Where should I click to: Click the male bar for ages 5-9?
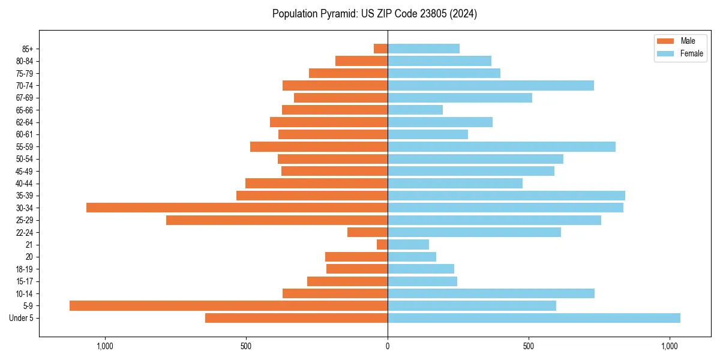[x=229, y=305]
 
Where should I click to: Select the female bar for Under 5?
[x=534, y=318]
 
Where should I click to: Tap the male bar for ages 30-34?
[x=237, y=208]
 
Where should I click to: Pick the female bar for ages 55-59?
[x=502, y=146]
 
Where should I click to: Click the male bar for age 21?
[x=382, y=244]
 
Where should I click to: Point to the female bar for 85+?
[x=424, y=49]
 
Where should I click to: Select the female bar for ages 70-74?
[x=491, y=85]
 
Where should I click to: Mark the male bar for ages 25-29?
[x=277, y=220]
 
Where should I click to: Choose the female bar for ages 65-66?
[x=415, y=110]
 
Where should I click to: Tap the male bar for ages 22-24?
[x=367, y=232]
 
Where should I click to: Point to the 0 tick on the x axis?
[x=388, y=346]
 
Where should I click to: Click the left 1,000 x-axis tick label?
[x=105, y=346]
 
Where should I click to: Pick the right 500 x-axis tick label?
[x=529, y=346]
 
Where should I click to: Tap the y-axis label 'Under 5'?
[x=21, y=318]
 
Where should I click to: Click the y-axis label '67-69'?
[x=25, y=98]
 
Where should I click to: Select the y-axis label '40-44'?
[x=25, y=183]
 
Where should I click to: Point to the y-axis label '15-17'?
[x=25, y=281]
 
